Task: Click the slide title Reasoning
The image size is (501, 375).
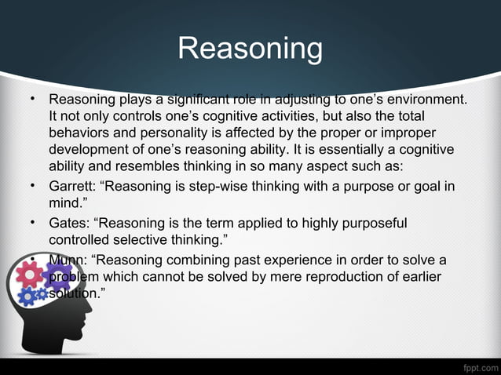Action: [250, 49]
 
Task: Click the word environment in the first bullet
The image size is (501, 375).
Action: [426, 100]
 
